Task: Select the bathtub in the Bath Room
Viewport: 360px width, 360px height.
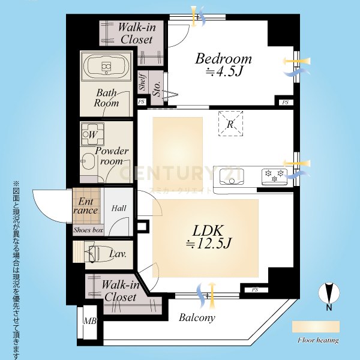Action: (x=106, y=66)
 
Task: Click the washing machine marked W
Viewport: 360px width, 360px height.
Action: (x=92, y=134)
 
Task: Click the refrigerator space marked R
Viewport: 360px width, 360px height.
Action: (x=230, y=124)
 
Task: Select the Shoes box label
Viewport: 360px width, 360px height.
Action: (x=88, y=230)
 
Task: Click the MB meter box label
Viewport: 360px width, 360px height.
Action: (x=90, y=321)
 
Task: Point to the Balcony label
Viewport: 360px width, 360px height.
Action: (x=197, y=318)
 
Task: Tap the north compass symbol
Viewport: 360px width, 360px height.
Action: (x=329, y=293)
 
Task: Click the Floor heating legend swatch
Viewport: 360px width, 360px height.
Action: (x=316, y=327)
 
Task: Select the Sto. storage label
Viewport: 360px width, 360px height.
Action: (x=157, y=89)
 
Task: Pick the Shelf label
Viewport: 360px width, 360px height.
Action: (x=143, y=82)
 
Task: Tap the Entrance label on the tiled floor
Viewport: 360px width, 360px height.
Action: (x=85, y=206)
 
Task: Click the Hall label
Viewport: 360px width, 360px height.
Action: (x=119, y=208)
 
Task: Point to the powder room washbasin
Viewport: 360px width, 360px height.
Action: (x=89, y=161)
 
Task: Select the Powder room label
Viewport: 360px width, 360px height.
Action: (x=112, y=155)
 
